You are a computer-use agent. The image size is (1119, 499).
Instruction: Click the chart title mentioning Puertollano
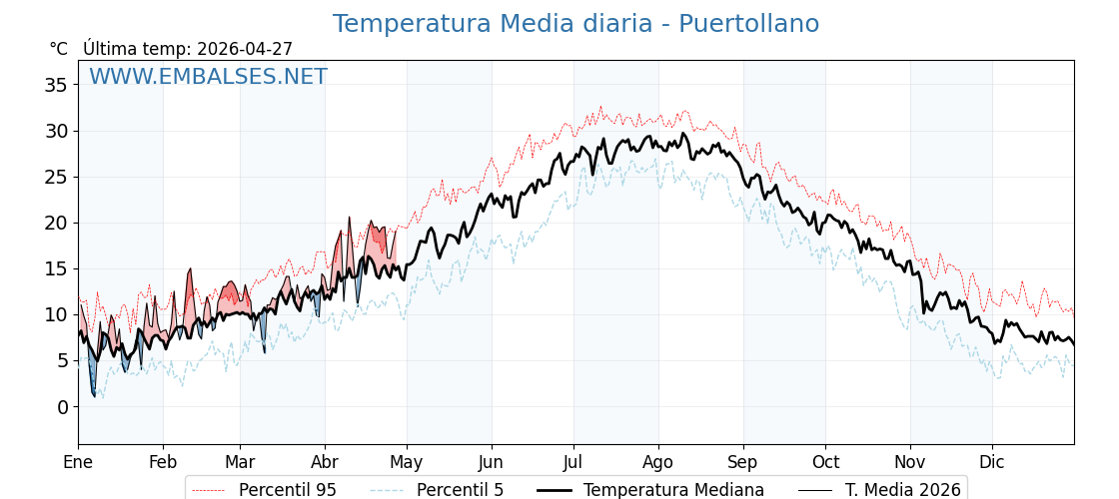coord(575,24)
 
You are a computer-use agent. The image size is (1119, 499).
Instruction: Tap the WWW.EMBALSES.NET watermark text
coord(208,77)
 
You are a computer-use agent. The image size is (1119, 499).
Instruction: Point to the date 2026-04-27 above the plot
coord(245,49)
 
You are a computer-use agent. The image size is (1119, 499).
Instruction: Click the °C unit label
coord(58,49)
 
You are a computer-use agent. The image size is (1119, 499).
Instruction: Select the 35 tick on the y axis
coord(56,85)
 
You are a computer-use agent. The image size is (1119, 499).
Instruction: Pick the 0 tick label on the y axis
coord(62,406)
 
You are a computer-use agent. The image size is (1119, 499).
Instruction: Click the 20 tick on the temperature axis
coord(56,223)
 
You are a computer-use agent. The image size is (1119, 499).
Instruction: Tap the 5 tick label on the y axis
coord(62,360)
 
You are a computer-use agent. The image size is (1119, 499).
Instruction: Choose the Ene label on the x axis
coord(78,462)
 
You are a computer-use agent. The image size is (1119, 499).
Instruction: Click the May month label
coord(407,462)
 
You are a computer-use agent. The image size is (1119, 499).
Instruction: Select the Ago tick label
coord(658,462)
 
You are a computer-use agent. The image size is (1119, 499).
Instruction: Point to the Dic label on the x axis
coord(992,462)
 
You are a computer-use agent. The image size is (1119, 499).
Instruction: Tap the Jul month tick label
coord(573,462)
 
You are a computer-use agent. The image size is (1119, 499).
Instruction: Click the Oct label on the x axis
coord(825,462)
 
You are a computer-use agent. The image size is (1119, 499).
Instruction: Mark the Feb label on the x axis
coord(163,462)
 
